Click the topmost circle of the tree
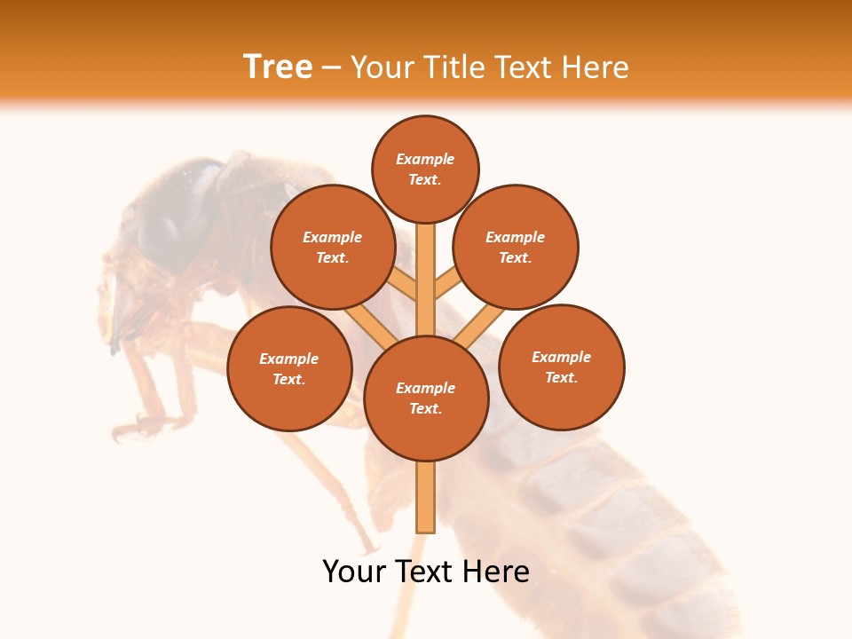click(425, 169)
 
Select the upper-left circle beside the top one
click(333, 247)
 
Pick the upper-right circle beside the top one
click(516, 247)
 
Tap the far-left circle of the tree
click(289, 368)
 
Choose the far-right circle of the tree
click(562, 367)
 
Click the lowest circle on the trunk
click(426, 398)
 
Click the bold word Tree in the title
click(278, 67)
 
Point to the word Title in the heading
click(452, 67)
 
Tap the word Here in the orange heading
click(596, 67)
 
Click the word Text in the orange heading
click(524, 67)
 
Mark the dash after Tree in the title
click(331, 68)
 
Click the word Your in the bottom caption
click(354, 572)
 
